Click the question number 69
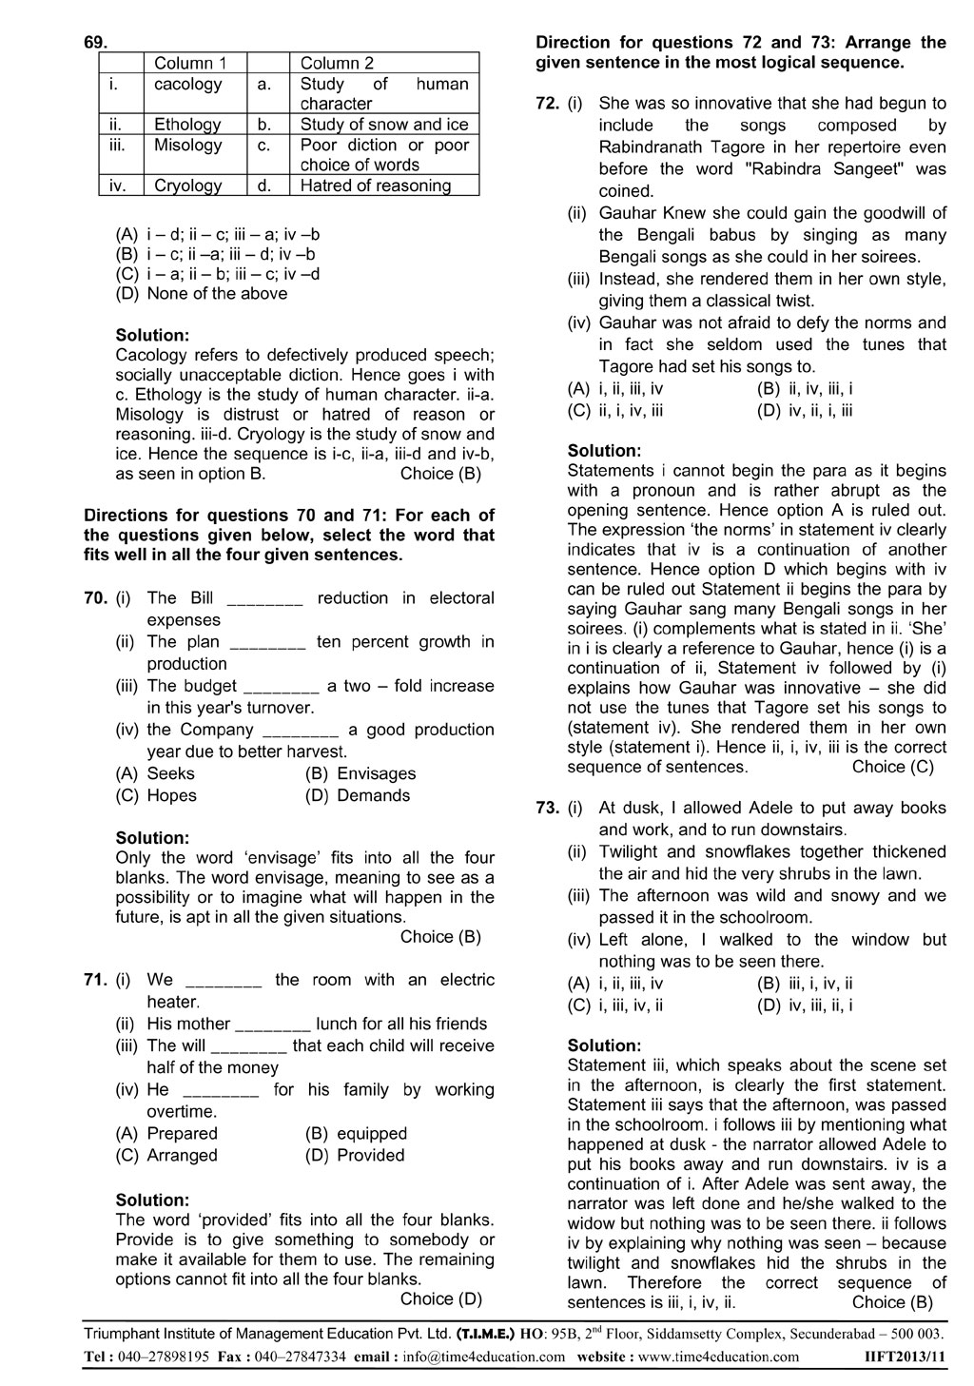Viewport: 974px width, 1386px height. click(x=96, y=43)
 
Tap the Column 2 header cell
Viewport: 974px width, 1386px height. click(x=337, y=64)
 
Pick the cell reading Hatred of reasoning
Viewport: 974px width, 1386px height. click(x=376, y=185)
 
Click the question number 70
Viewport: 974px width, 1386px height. click(x=95, y=598)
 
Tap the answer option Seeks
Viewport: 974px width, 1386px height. click(x=170, y=773)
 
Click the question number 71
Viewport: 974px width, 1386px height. click(x=95, y=980)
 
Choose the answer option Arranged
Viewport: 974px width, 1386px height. click(x=182, y=1155)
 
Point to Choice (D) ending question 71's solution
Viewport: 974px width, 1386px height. click(x=440, y=1299)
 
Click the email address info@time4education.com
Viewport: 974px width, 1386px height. click(x=484, y=1357)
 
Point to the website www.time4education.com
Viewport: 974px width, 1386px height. click(x=718, y=1357)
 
